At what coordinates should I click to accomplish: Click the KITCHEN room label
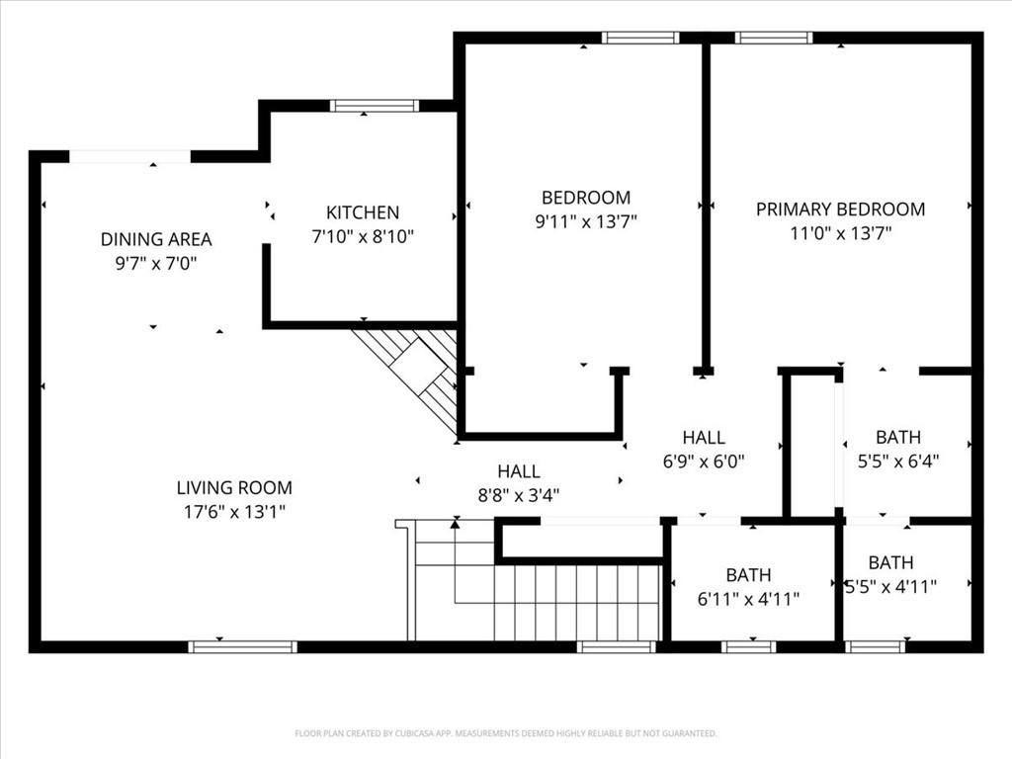tap(363, 212)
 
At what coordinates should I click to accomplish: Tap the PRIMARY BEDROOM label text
tap(840, 210)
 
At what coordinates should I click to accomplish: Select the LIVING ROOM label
tap(234, 487)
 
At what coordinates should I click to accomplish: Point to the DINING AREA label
tap(156, 239)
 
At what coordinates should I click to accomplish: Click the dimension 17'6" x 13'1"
tap(234, 512)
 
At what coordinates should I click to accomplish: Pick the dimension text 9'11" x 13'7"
tap(585, 222)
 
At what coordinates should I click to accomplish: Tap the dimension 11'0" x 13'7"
tap(840, 234)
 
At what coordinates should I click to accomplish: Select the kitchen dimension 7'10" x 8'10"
tap(363, 237)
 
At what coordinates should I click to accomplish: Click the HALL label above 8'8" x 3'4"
tap(519, 472)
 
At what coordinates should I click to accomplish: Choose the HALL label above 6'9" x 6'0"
tap(704, 437)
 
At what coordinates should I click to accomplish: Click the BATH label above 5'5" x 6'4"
tap(897, 437)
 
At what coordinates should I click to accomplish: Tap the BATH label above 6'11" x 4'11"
tap(748, 575)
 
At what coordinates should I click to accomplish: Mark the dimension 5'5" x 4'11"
tap(890, 586)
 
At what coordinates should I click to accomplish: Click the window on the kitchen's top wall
tap(375, 106)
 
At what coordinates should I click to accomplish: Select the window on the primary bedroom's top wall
tap(774, 39)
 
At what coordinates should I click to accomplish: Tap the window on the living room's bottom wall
tap(242, 647)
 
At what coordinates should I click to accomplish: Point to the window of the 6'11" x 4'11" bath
tap(748, 647)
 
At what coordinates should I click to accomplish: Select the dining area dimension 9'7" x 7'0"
tap(156, 264)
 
